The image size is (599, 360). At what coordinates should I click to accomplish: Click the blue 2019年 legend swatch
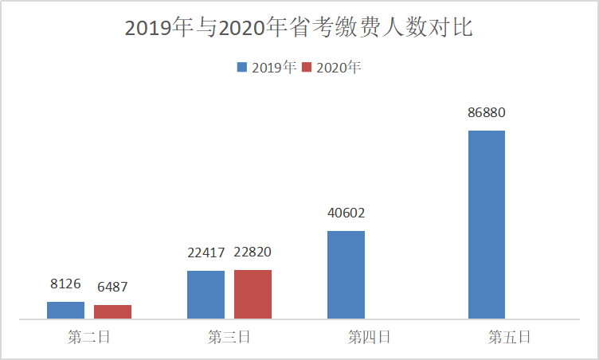click(242, 68)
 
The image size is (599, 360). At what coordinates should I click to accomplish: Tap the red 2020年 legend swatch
click(307, 68)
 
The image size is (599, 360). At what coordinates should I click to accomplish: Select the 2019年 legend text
click(274, 68)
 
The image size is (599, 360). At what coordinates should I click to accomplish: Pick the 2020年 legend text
click(339, 68)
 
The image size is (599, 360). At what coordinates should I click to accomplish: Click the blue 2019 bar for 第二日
click(65, 311)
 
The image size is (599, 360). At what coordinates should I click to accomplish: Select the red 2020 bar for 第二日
click(112, 312)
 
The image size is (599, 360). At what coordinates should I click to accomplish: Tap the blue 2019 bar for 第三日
click(206, 295)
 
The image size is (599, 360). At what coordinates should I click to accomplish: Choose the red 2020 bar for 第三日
click(253, 295)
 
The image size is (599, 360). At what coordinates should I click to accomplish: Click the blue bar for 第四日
click(346, 275)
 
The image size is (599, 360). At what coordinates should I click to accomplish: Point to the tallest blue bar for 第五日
click(486, 225)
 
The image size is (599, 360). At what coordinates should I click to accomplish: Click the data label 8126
click(65, 284)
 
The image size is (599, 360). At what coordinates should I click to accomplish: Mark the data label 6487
click(112, 287)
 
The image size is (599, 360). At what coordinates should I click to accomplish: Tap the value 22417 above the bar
click(206, 252)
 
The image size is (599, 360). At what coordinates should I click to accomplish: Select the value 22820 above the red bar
click(253, 252)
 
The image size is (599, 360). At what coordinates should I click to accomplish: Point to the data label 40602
click(346, 213)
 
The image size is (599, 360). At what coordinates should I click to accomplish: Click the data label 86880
click(486, 113)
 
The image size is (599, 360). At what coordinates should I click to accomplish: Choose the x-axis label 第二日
click(89, 338)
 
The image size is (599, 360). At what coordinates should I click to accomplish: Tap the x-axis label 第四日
click(369, 338)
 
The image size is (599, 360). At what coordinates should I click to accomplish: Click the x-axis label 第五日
click(509, 338)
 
